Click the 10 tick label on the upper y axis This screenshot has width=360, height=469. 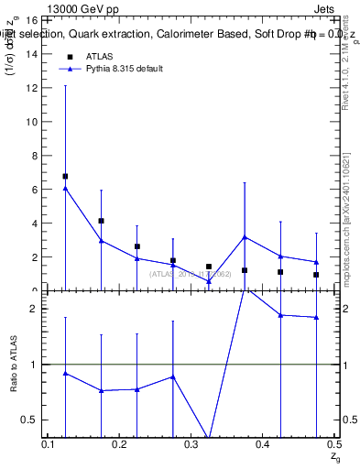click(x=30, y=121)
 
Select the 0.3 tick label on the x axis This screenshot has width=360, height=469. click(x=191, y=444)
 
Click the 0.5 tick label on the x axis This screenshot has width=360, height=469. click(x=333, y=444)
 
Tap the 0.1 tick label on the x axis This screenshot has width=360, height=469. click(x=49, y=444)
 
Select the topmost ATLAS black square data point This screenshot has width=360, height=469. click(x=65, y=176)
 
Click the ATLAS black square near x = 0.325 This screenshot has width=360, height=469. click(x=209, y=267)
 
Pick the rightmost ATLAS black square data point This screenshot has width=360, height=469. click(x=316, y=275)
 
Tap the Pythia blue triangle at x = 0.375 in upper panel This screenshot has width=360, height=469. click(x=245, y=237)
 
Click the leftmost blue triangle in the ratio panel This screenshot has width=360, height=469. click(x=65, y=373)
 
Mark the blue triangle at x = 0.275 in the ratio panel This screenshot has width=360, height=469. click(x=173, y=376)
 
